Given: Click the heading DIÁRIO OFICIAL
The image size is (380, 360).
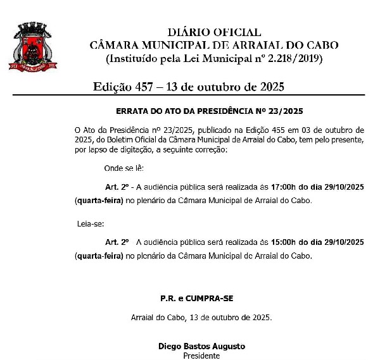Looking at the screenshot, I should point(214,32).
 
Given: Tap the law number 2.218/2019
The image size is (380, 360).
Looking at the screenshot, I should point(292,58).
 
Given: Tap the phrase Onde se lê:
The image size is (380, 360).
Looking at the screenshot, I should point(124,168).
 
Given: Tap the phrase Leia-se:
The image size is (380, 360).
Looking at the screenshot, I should point(89,223).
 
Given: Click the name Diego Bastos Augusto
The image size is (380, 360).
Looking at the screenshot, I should point(201,346).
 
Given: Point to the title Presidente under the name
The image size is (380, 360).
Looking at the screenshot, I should point(201,356).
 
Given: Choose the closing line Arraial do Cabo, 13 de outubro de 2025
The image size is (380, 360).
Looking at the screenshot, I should point(201,317).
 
